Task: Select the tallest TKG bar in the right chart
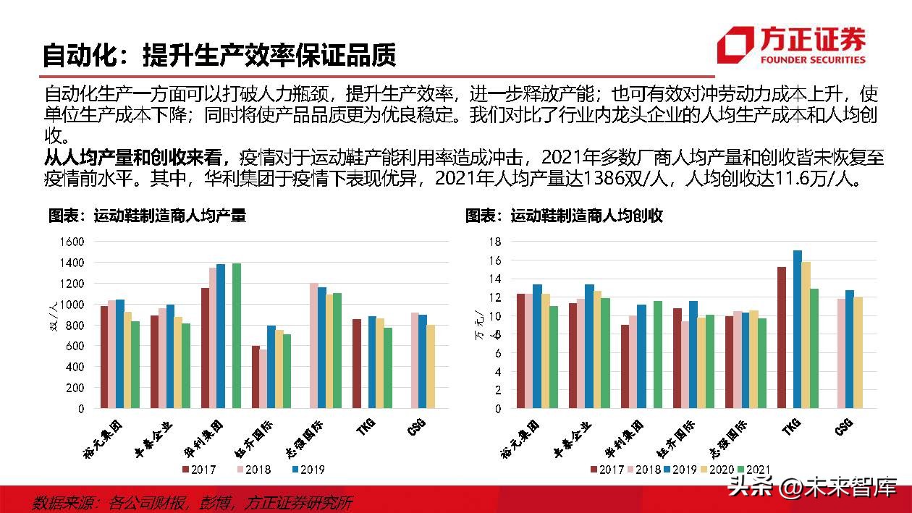click(797, 329)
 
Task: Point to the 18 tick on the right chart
click(494, 241)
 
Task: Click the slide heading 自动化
click(77, 54)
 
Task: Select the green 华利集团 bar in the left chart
click(237, 336)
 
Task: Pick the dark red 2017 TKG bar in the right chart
click(782, 337)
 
